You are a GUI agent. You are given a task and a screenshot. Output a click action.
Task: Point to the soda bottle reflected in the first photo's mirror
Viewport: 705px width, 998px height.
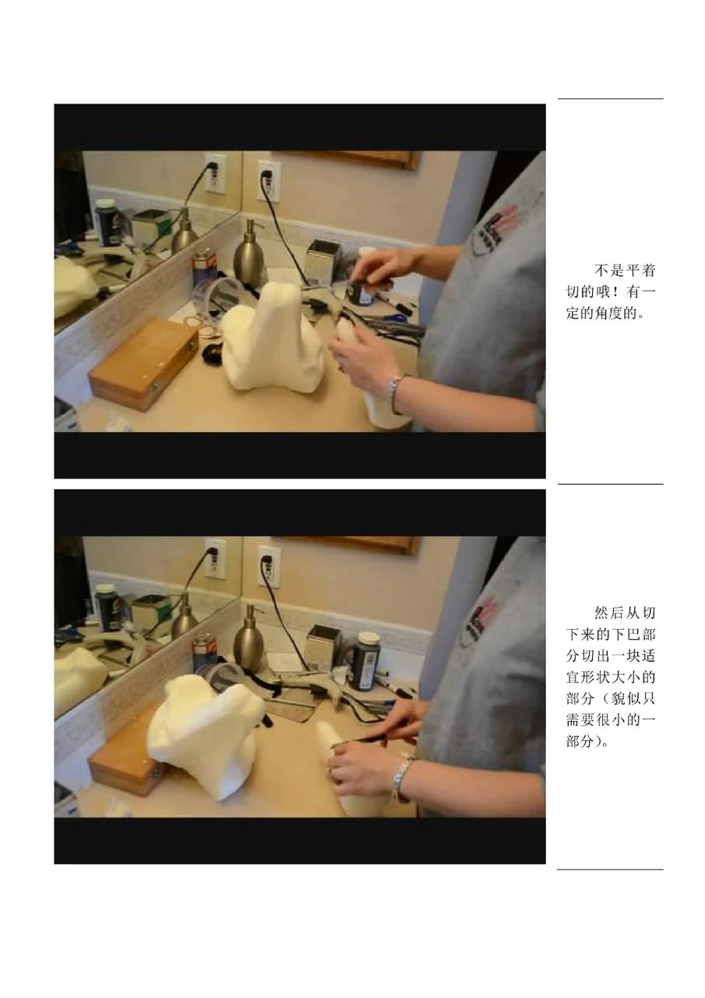click(106, 223)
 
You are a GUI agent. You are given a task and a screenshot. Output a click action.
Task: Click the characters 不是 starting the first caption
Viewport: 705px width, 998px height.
click(609, 271)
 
